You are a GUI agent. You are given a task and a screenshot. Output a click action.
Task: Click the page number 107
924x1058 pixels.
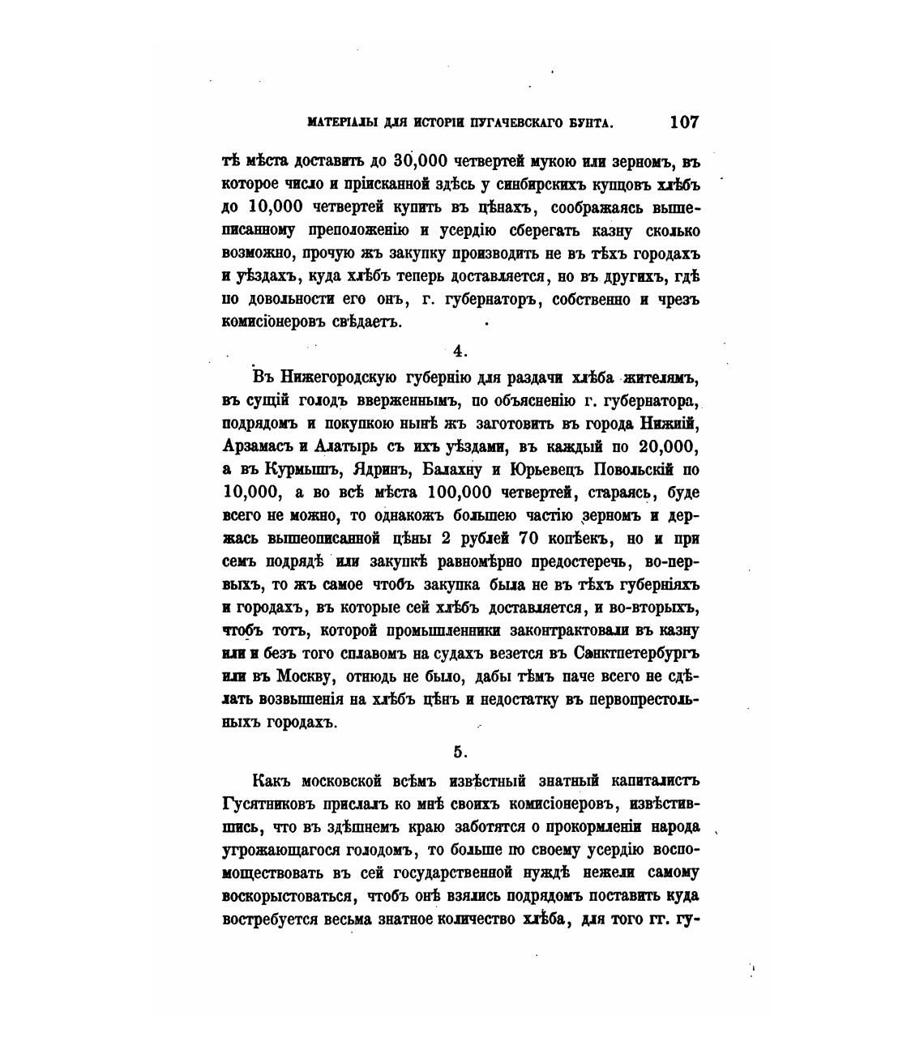pos(684,122)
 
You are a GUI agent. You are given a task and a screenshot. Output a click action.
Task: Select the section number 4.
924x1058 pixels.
pos(460,351)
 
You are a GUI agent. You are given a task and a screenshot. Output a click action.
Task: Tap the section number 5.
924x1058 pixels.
pos(460,753)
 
